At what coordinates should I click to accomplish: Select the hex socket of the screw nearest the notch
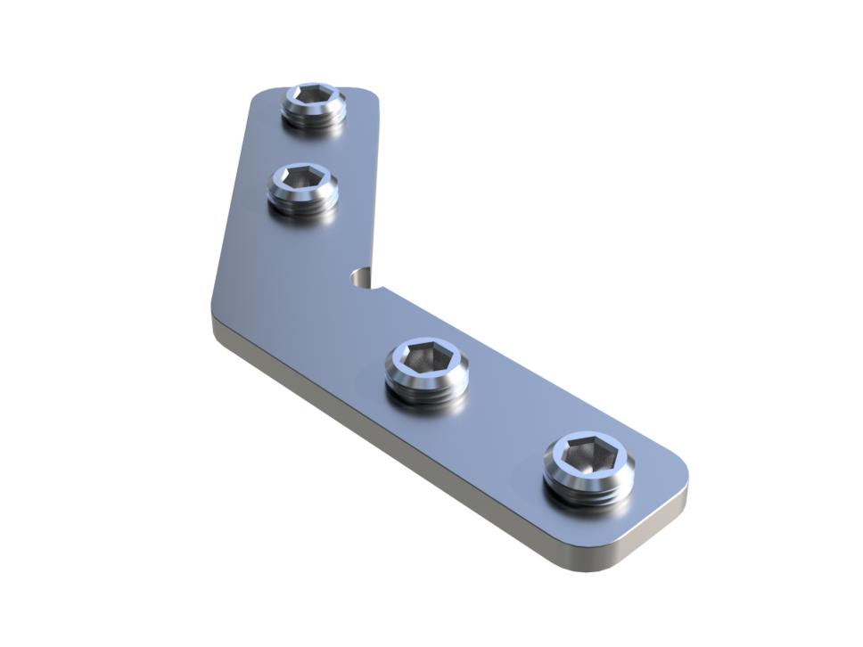pyautogui.click(x=427, y=360)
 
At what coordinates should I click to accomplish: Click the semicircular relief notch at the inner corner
pyautogui.click(x=362, y=278)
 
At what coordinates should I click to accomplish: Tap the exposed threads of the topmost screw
pyautogui.click(x=314, y=119)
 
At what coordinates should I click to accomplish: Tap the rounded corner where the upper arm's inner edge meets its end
pyautogui.click(x=373, y=94)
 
